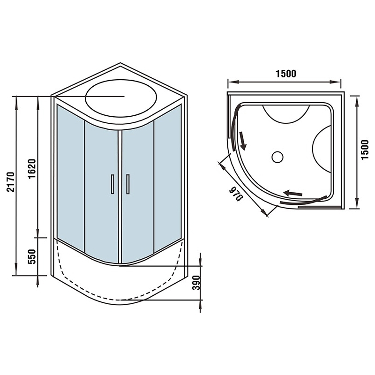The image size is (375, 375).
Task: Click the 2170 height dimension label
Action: (11, 182)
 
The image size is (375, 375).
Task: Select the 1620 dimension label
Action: (32, 169)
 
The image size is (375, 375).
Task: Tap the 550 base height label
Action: (32, 256)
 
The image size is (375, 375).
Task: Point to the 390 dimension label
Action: (196, 283)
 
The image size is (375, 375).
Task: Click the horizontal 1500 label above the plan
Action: (286, 74)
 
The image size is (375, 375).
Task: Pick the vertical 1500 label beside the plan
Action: (365, 150)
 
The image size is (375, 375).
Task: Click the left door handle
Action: (112, 184)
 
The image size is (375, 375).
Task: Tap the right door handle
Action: (127, 184)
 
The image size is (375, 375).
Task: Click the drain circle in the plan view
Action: (277, 157)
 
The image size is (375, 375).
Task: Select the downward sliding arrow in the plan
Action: (242, 141)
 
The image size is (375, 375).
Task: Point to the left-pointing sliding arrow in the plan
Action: (292, 193)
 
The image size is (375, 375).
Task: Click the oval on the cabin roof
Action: (121, 98)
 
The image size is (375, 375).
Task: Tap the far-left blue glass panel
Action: (71, 178)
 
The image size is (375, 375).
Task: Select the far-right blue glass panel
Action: (168, 178)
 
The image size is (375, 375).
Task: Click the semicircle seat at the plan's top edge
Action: (286, 114)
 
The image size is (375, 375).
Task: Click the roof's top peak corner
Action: (120, 63)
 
